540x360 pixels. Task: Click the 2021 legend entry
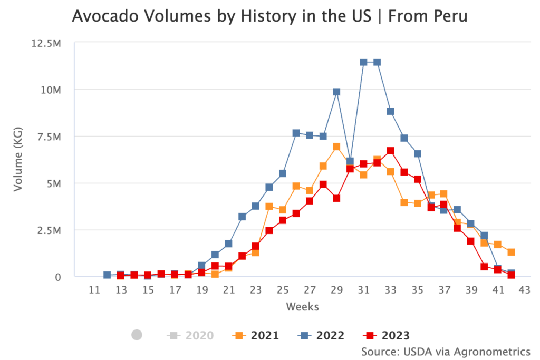coord(255,335)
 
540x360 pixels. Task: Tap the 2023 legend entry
coord(387,335)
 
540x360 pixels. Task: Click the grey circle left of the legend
coord(137,335)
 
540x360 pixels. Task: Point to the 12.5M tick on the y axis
coord(46,43)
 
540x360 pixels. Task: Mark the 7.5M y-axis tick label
coord(49,137)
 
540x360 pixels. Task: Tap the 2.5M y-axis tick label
coord(49,230)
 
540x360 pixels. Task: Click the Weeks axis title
coord(302,306)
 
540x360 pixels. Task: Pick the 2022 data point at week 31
coord(363,62)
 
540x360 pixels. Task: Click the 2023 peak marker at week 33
coord(390,151)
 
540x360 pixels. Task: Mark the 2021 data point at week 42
coord(511,252)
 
